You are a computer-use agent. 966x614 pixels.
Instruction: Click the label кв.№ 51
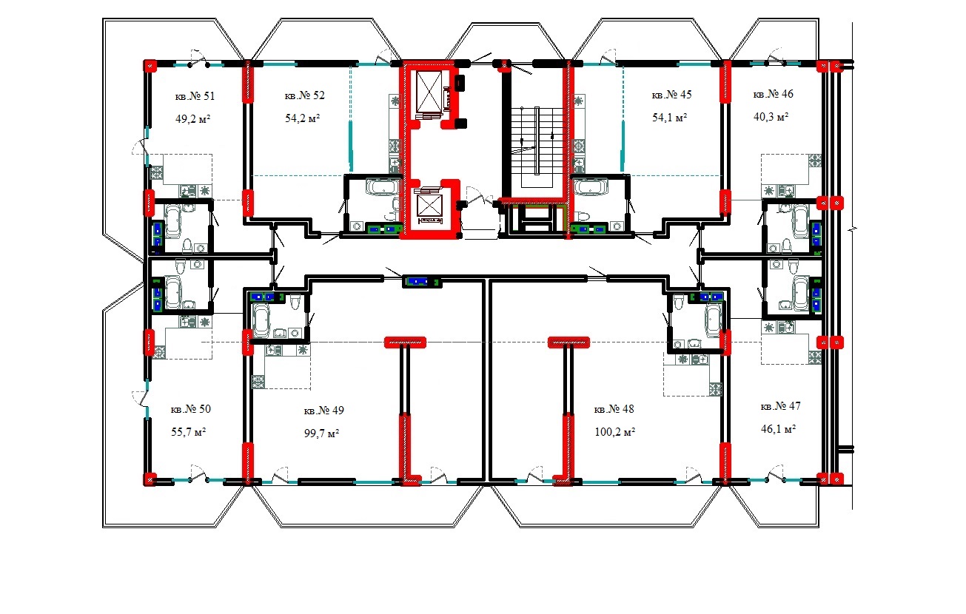click(195, 96)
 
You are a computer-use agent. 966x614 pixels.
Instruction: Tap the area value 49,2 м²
click(192, 118)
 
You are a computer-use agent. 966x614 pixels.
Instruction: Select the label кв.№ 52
click(304, 95)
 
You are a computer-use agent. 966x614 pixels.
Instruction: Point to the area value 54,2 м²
click(302, 118)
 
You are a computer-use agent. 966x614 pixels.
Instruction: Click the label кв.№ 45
click(671, 95)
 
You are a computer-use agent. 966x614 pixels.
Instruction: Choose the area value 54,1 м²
click(669, 117)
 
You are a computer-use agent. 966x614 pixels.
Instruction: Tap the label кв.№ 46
click(774, 94)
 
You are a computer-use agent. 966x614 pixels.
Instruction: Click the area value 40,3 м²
click(771, 116)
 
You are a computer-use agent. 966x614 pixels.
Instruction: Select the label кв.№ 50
click(191, 409)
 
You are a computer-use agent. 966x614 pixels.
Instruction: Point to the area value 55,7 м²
click(189, 431)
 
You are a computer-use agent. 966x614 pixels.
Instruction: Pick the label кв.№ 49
click(324, 410)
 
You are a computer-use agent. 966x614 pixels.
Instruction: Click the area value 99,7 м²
click(322, 433)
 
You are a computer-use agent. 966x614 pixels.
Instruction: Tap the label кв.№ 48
click(614, 409)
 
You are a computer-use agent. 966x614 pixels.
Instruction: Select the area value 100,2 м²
click(615, 431)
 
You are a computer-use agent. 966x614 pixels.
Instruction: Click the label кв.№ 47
click(780, 406)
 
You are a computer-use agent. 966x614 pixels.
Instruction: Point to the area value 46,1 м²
click(779, 429)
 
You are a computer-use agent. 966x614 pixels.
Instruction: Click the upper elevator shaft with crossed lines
click(429, 92)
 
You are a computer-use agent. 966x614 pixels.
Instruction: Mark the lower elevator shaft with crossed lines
click(429, 205)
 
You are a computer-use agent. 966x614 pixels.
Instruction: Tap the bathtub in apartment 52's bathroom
click(382, 186)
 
